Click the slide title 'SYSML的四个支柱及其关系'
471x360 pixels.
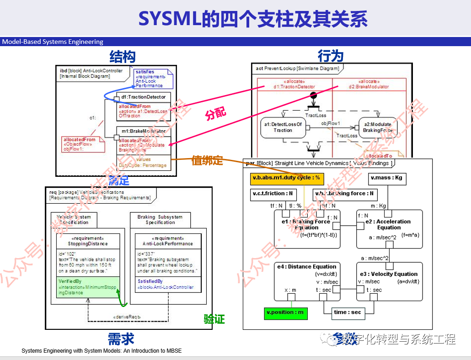click(x=253, y=19)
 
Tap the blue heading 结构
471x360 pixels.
click(x=122, y=57)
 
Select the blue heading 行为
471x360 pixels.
click(x=331, y=56)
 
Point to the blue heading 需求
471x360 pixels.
click(x=121, y=339)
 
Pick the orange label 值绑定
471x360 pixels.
click(x=207, y=160)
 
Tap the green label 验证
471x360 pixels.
click(x=214, y=319)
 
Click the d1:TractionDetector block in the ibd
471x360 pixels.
click(x=144, y=97)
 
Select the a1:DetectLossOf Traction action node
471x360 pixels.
click(x=283, y=127)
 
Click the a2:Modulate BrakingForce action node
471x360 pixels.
click(x=377, y=127)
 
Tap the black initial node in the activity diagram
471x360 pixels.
click(x=314, y=95)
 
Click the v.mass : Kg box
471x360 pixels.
click(x=386, y=178)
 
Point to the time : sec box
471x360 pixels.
click(x=347, y=312)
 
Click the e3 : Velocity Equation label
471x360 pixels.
click(x=389, y=274)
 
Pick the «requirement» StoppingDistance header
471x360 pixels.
click(x=88, y=241)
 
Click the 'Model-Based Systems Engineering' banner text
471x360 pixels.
click(x=53, y=42)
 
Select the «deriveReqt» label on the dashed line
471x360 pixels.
click(x=126, y=316)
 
